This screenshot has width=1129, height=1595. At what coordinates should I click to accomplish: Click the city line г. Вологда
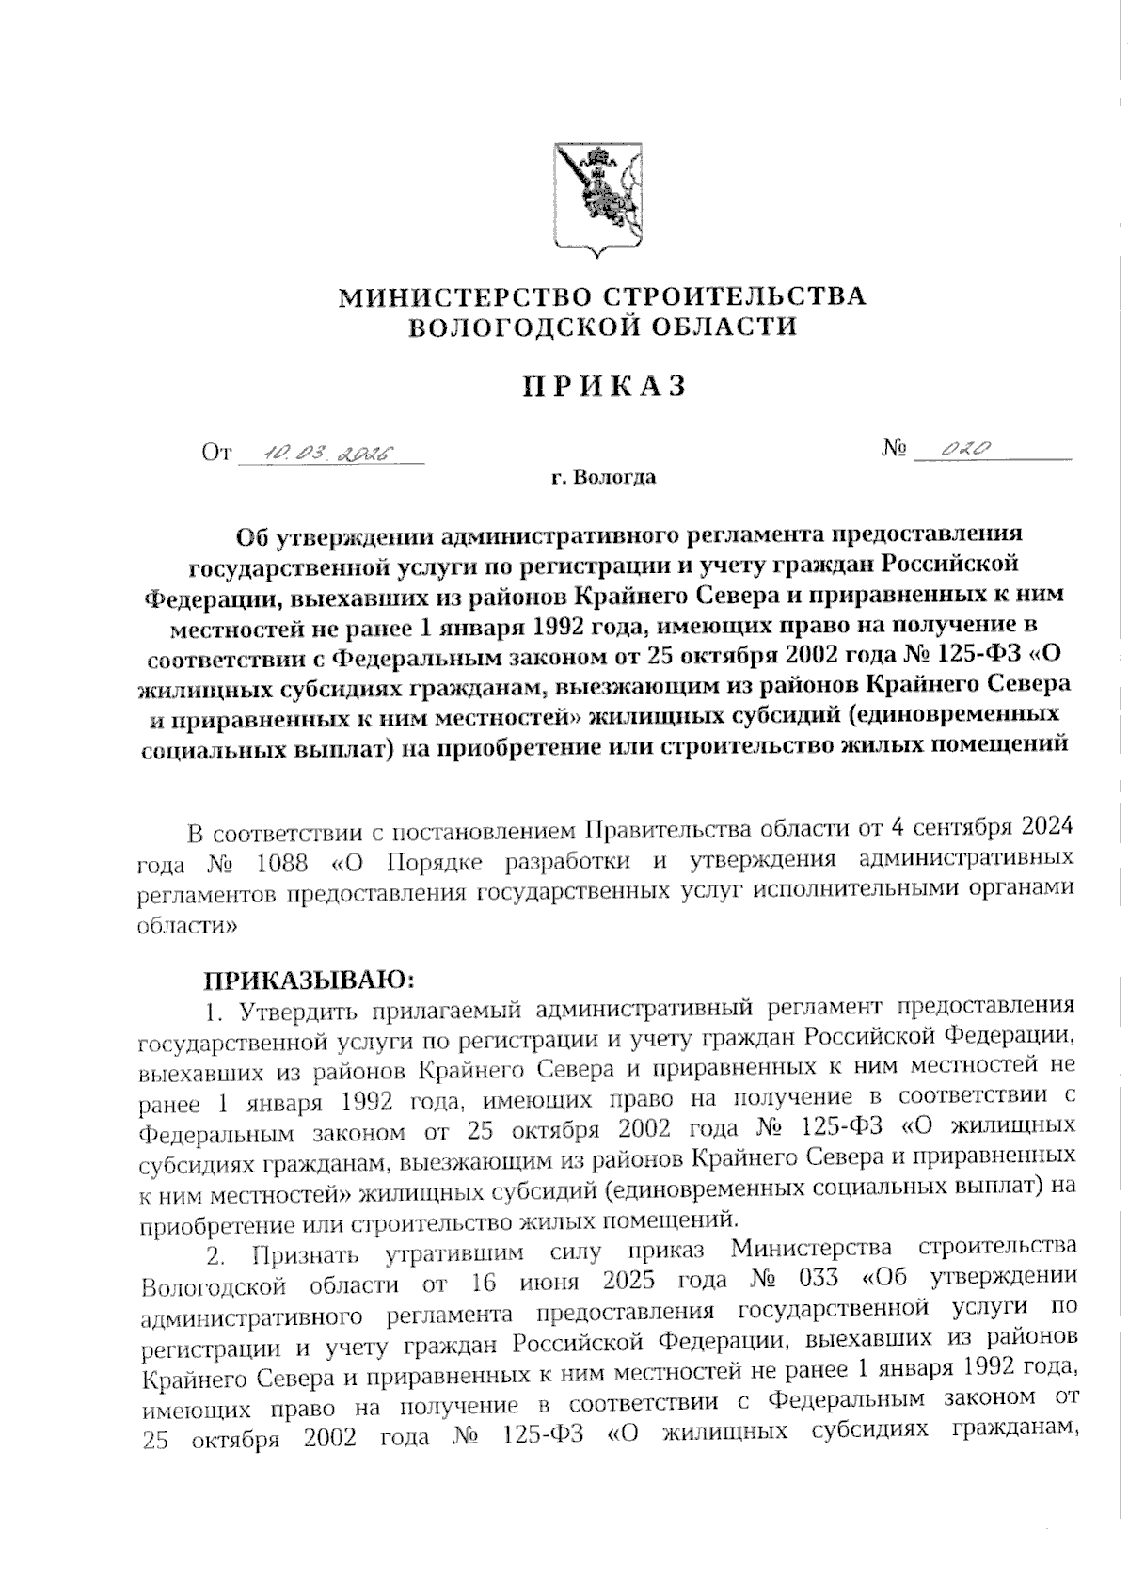click(603, 478)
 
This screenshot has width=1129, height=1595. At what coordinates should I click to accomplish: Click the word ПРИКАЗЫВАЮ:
click(310, 981)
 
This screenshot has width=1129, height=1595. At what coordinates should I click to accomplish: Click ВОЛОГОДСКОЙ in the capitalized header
click(506, 327)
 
